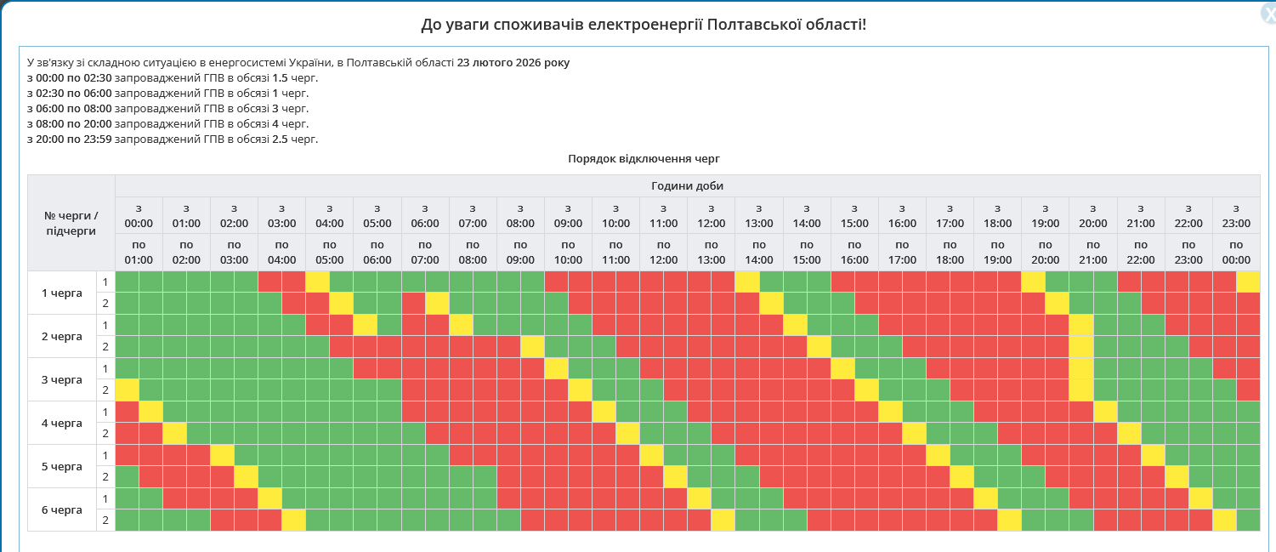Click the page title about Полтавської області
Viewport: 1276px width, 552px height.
tap(644, 24)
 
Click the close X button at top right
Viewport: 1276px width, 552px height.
tap(1267, 14)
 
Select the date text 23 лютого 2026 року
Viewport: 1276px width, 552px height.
tap(513, 63)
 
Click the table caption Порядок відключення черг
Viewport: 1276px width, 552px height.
tap(644, 159)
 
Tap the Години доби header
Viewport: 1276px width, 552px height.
tap(687, 185)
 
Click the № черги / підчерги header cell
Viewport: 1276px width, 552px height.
tap(71, 223)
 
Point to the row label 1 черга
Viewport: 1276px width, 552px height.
tap(62, 293)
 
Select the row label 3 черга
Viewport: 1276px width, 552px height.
tap(62, 379)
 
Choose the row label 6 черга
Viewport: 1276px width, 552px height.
tap(62, 509)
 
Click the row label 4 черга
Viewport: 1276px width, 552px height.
tap(62, 423)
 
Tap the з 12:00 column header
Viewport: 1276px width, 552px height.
tap(711, 216)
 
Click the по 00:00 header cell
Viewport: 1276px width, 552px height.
tap(1236, 253)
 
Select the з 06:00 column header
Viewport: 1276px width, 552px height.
tap(425, 216)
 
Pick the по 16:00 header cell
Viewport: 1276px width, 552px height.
tap(854, 253)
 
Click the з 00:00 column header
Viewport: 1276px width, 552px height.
tap(139, 216)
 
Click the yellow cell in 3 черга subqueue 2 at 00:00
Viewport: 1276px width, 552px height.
tap(127, 390)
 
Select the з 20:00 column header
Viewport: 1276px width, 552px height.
tap(1092, 216)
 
